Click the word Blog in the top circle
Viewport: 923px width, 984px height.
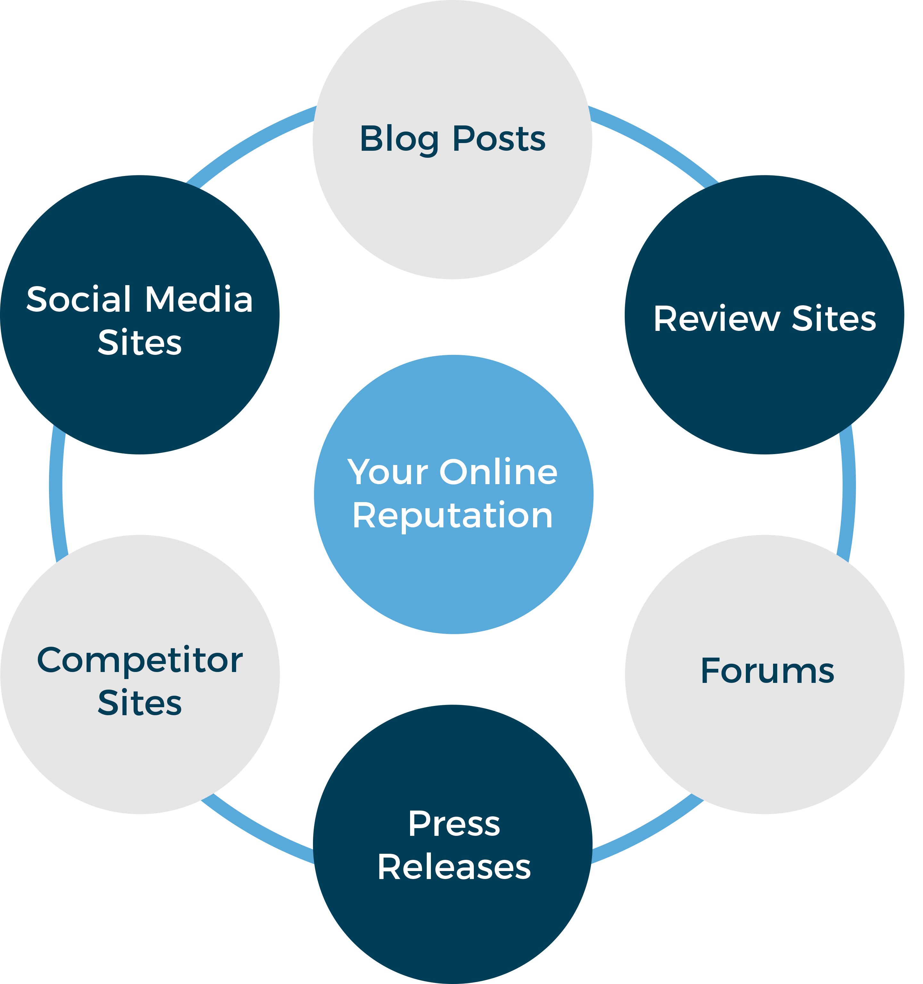point(399,139)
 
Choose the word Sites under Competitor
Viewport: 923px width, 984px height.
point(140,703)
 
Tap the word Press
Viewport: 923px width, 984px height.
point(454,824)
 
